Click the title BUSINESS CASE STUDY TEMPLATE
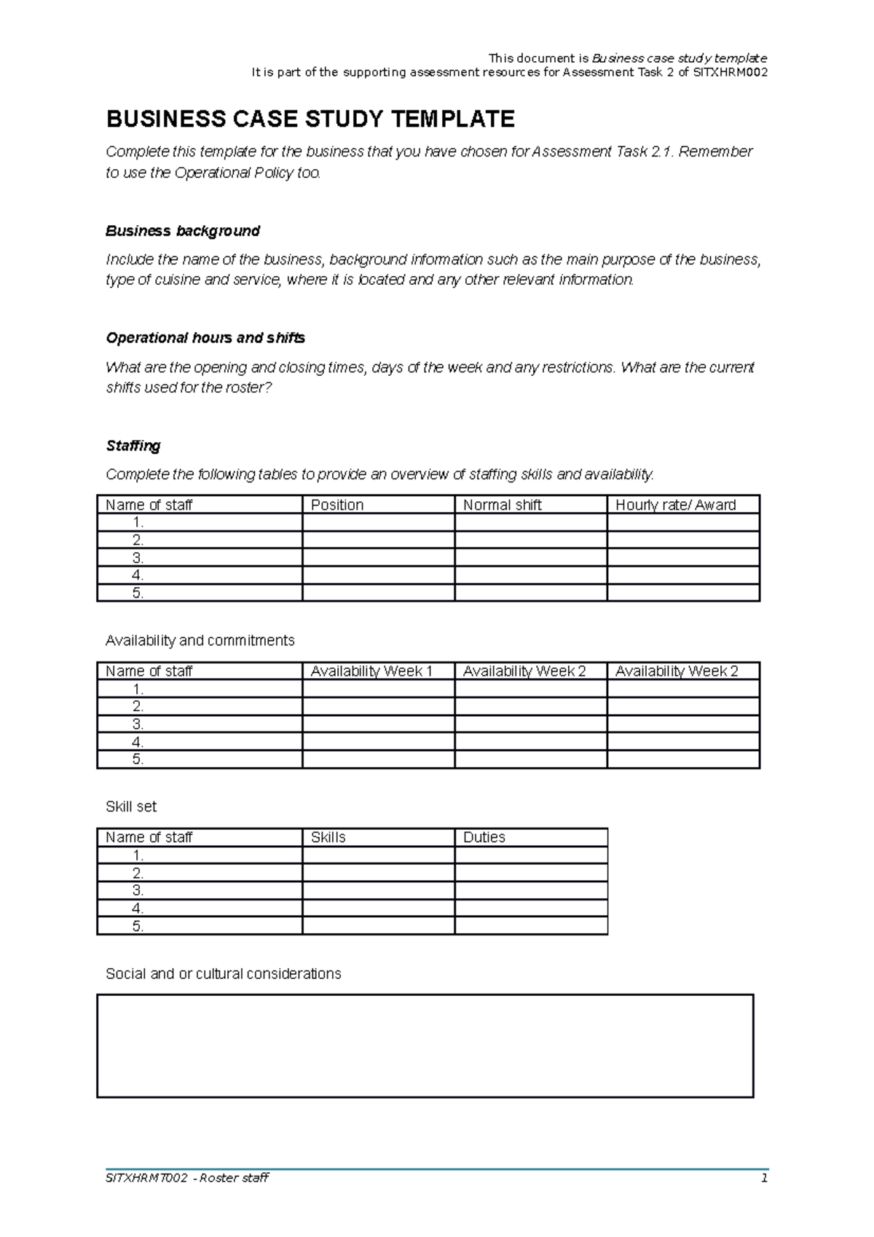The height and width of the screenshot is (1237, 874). tap(310, 119)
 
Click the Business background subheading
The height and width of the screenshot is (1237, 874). tap(183, 231)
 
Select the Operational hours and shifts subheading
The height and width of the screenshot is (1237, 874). tap(205, 338)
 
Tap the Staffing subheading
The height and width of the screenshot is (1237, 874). tap(133, 446)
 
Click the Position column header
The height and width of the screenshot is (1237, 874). tap(337, 505)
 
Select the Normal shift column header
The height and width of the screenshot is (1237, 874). tap(503, 505)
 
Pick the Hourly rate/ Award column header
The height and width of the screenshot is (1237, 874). tap(675, 505)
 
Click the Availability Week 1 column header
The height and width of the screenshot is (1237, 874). tap(371, 671)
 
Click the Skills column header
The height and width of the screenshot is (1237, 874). tap(328, 837)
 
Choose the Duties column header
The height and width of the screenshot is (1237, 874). tap(484, 837)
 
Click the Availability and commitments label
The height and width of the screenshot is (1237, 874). tap(200, 640)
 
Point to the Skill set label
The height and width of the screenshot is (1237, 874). tap(131, 806)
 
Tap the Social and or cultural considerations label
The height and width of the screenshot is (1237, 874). tap(224, 974)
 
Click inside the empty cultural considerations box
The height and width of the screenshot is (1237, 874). tap(425, 1045)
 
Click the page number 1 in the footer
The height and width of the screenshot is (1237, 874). tap(764, 1178)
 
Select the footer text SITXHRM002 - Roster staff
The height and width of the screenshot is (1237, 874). tap(187, 1178)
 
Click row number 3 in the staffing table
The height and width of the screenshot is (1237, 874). tap(138, 558)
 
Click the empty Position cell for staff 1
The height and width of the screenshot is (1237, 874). tap(378, 522)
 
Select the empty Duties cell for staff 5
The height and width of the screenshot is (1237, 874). tap(531, 926)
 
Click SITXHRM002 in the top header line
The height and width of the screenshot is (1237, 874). tap(730, 72)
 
